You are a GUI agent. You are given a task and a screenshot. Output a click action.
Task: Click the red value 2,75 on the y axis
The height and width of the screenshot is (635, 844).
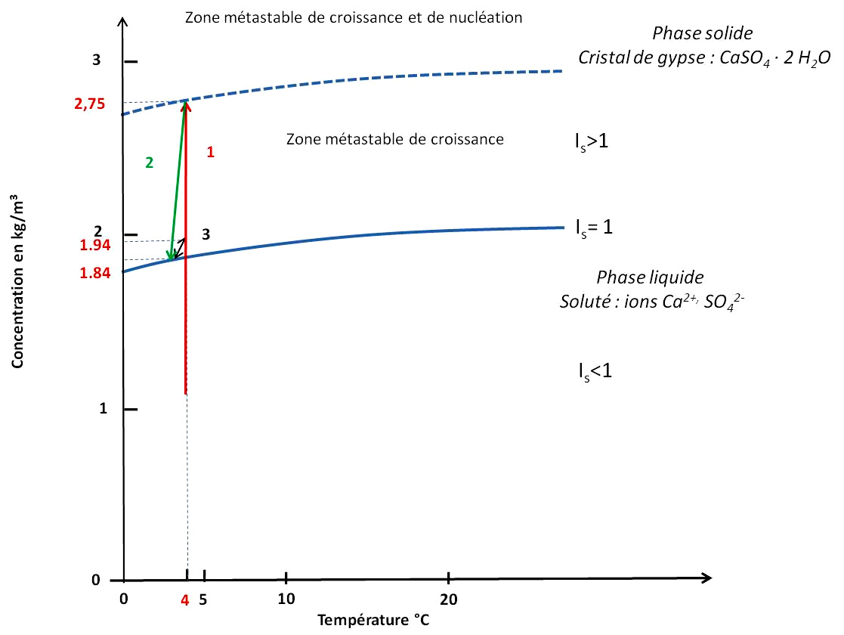pos(90,104)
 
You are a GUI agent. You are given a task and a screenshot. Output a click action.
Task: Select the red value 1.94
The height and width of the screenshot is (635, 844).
pos(95,245)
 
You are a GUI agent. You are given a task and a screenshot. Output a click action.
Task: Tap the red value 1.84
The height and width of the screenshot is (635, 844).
pos(95,273)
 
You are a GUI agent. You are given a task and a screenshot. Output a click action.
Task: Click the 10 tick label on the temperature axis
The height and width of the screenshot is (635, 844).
pos(286,599)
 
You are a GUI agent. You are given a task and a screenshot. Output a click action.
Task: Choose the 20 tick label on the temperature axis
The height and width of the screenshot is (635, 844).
pos(449,599)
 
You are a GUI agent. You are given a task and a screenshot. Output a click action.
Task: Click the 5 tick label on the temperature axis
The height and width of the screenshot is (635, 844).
pos(202,599)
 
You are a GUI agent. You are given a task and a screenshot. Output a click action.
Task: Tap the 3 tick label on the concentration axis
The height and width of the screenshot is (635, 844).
pos(97,61)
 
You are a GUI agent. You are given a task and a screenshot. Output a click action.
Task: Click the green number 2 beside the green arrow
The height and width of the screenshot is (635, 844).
pos(149,162)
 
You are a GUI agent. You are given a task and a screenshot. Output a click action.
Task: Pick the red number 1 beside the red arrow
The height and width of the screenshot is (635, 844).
pos(210,152)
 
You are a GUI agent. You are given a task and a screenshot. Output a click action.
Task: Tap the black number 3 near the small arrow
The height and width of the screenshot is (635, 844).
pos(204,234)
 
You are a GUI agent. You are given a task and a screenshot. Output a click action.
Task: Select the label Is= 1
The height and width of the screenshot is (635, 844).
pos(594,226)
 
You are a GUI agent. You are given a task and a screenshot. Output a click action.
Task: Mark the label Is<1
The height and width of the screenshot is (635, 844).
pos(592,370)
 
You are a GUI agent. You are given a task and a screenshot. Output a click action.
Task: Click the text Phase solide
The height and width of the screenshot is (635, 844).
pos(703,34)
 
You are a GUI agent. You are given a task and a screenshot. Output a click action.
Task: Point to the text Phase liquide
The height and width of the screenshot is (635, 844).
pos(651,277)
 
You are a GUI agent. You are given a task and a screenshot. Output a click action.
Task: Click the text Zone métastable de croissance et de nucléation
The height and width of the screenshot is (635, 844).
pos(354,17)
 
